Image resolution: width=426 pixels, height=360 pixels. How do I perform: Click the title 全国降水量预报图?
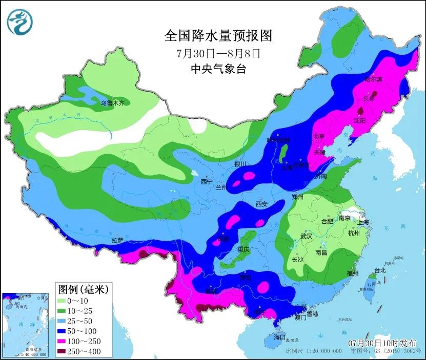tap(218, 36)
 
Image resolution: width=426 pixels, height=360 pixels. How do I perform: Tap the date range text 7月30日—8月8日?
tap(218, 53)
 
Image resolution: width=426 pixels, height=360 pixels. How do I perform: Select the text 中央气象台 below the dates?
tap(218, 69)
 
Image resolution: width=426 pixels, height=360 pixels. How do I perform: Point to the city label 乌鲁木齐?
tap(112, 103)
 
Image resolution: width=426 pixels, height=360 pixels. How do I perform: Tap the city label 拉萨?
tap(117, 240)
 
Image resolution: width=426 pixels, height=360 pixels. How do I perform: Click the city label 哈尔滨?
tap(373, 79)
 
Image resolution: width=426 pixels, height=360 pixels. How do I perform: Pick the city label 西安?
tap(261, 204)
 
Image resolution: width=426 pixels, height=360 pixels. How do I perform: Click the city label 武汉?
tap(307, 236)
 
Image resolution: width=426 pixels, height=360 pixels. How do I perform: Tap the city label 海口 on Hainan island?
tap(279, 337)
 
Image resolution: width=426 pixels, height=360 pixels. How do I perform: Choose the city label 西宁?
tap(207, 181)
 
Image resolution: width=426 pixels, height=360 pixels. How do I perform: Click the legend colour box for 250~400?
tap(64, 351)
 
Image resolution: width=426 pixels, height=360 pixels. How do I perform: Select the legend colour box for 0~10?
tap(64, 301)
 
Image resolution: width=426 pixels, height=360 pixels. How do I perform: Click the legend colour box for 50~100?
tap(64, 331)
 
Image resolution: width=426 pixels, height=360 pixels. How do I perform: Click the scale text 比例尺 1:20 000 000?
tap(314, 351)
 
